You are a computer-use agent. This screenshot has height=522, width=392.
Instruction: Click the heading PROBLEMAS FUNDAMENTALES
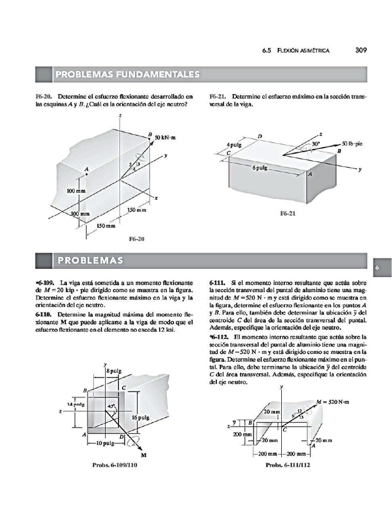(x=127, y=75)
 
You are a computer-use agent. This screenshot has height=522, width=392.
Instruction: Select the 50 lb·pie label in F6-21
(x=352, y=144)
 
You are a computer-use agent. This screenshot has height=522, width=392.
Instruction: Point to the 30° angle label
(x=316, y=144)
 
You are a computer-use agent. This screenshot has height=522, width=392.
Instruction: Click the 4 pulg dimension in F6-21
(x=235, y=145)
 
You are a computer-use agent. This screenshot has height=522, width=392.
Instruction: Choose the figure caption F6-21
(x=288, y=214)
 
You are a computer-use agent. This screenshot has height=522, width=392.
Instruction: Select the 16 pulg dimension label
(x=140, y=417)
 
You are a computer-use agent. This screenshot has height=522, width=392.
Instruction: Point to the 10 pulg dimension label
(x=107, y=443)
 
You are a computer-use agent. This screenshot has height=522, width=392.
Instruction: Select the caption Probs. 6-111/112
(x=288, y=465)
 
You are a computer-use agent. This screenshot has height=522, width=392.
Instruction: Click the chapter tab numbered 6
(x=376, y=267)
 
